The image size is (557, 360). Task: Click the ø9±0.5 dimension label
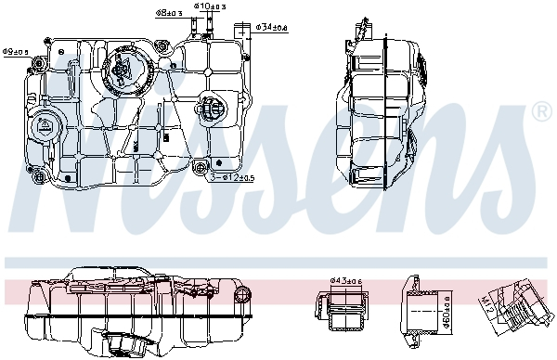[x=16, y=51]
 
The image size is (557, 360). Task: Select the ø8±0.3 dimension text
[x=167, y=14]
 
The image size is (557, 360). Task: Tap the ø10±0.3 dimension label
[x=209, y=6]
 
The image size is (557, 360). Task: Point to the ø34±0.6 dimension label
[x=270, y=27]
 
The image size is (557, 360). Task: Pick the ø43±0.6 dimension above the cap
[x=347, y=281]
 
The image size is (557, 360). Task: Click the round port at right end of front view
[x=243, y=293]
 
